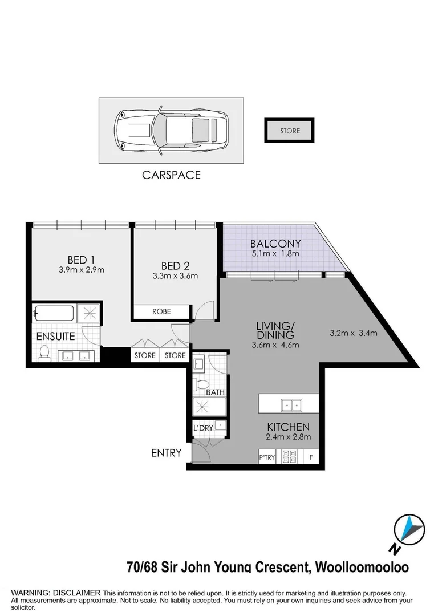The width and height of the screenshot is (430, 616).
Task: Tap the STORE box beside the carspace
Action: click(x=290, y=131)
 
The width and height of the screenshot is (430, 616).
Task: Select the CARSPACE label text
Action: click(x=171, y=175)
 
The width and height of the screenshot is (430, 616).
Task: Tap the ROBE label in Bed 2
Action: click(x=161, y=312)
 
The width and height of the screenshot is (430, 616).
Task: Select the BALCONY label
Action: click(x=275, y=243)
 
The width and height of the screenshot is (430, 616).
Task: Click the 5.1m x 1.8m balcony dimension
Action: click(x=275, y=254)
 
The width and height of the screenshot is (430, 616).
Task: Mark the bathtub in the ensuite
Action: click(x=55, y=313)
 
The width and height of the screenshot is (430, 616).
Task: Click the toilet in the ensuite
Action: click(x=43, y=354)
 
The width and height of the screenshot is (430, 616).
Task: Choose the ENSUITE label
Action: click(x=56, y=337)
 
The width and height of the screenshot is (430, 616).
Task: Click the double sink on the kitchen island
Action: click(x=291, y=405)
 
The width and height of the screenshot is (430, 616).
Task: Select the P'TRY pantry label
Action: click(x=266, y=457)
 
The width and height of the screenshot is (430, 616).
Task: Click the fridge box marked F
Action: click(x=311, y=457)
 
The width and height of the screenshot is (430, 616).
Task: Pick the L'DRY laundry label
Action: click(x=203, y=428)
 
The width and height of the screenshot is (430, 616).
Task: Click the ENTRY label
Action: click(x=166, y=453)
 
